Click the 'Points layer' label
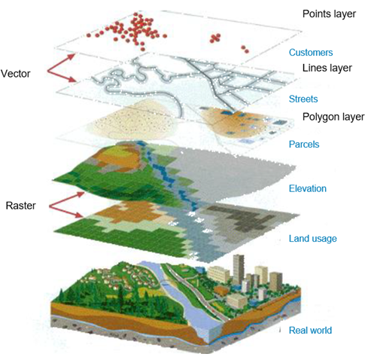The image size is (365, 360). point(329,14)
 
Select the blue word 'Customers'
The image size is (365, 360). point(311,53)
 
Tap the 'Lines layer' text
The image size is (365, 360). point(327,68)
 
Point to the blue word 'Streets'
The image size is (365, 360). point(303,99)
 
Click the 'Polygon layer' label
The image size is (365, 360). point(333,117)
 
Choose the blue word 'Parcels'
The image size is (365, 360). point(304,145)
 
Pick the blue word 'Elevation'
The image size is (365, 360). point(308,188)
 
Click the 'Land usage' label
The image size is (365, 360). point(312,239)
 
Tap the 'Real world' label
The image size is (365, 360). point(310,330)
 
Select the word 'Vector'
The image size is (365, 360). point(16,74)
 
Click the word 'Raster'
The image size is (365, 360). point(20,206)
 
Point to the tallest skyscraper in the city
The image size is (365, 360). point(239,270)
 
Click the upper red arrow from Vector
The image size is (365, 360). point(61,63)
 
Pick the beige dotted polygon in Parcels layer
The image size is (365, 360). point(133,121)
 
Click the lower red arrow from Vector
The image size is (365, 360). point(62,76)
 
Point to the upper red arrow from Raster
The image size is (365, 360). point(67,200)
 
